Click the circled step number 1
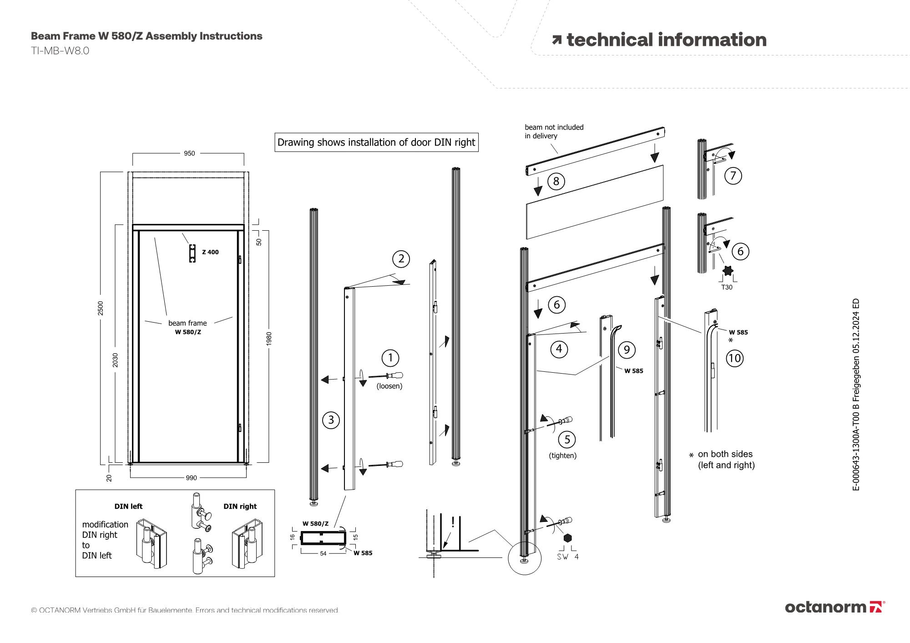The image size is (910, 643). (x=390, y=358)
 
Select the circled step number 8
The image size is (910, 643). (x=556, y=182)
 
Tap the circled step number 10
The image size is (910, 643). (x=734, y=359)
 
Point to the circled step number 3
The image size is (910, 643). (x=331, y=420)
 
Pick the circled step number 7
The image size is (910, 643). (x=733, y=176)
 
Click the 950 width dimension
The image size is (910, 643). (x=189, y=153)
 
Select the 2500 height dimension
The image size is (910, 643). (x=101, y=308)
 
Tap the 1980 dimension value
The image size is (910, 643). (x=269, y=339)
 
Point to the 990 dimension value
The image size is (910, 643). (x=191, y=478)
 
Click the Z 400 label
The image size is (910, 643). (x=210, y=252)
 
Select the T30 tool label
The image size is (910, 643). (x=727, y=287)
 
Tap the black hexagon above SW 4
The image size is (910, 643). (x=567, y=538)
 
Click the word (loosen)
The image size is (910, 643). (x=389, y=386)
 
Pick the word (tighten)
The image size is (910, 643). (x=563, y=456)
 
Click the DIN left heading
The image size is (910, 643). (x=128, y=506)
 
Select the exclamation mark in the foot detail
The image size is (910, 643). (x=453, y=522)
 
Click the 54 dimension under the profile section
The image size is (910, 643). (x=323, y=553)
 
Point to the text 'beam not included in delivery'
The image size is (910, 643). (x=554, y=132)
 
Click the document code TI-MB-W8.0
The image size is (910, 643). (x=60, y=51)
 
